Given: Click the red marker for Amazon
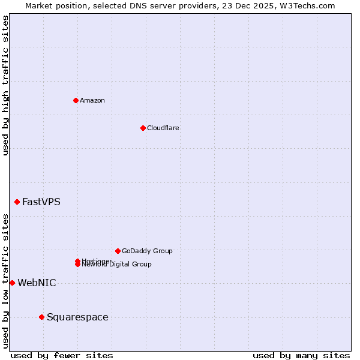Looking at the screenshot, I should [76, 100].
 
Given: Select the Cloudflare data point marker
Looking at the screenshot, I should [143, 128].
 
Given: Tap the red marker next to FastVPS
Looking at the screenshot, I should [17, 202].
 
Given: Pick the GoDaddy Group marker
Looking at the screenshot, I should [118, 251].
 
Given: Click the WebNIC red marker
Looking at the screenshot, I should [12, 283].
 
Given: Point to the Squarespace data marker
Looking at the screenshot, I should [41, 317].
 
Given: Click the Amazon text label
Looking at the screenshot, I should [92, 100].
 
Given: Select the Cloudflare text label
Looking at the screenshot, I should [163, 128].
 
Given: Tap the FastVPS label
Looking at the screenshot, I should [41, 202].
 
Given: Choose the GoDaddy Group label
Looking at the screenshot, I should [147, 251].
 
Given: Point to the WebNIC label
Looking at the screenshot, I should [37, 283].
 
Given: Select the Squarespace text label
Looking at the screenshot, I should [77, 317].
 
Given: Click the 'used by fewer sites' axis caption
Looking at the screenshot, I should [62, 356].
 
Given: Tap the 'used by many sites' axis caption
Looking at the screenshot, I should [301, 356].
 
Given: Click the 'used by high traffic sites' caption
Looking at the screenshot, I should [5, 85].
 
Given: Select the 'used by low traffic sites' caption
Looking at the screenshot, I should [5, 281].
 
